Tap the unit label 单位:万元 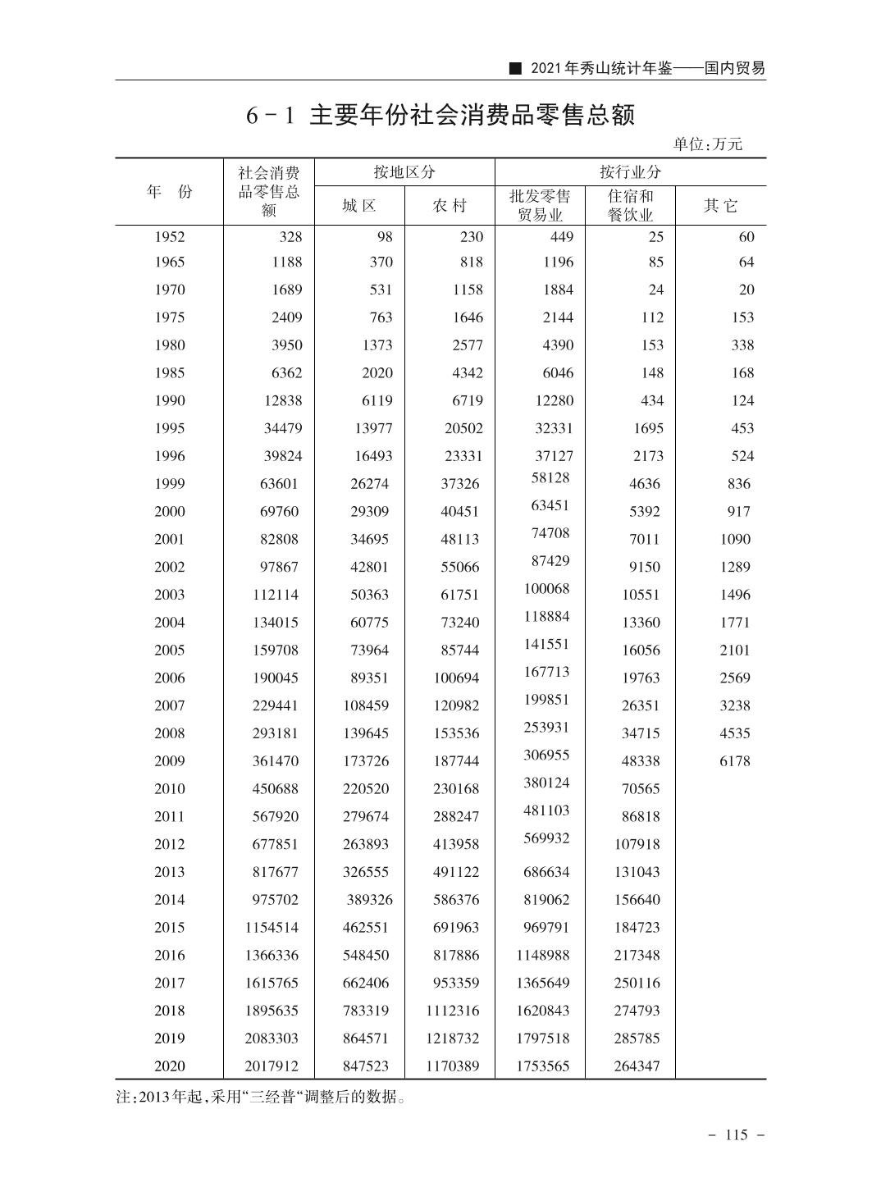(707, 144)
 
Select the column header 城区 (359, 206)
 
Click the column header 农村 (450, 206)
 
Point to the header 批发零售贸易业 (540, 206)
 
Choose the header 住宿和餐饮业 (630, 206)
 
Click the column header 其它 (720, 206)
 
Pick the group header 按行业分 (630, 172)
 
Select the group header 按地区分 (404, 172)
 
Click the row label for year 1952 (170, 237)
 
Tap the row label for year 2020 (170, 1066)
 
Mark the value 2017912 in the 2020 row (272, 1066)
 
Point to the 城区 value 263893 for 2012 (366, 844)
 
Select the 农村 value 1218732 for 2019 (452, 1039)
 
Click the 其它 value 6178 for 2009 (735, 761)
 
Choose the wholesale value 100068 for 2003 (546, 589)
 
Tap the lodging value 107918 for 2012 (637, 844)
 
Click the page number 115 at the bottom (736, 1135)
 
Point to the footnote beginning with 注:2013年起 (260, 1097)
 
